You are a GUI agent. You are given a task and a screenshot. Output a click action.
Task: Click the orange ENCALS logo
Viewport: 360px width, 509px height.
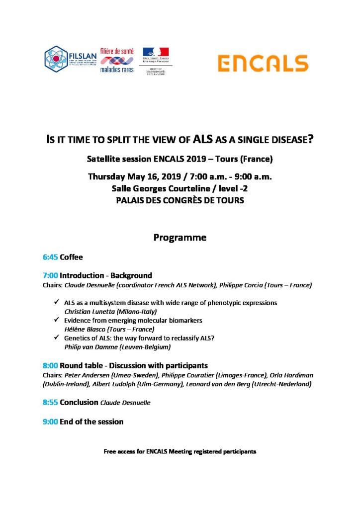263,63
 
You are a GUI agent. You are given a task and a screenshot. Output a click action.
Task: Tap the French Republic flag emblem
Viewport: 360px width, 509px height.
156,52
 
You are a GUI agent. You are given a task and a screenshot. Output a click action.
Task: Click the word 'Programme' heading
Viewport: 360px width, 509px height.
180,238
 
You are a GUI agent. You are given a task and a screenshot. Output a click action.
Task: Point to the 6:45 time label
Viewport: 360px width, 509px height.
50,257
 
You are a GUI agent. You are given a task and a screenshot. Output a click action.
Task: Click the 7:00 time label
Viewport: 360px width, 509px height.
50,275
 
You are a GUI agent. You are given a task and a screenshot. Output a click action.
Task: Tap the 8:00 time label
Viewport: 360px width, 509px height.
50,365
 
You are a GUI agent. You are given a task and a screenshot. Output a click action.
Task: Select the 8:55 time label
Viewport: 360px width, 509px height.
50,403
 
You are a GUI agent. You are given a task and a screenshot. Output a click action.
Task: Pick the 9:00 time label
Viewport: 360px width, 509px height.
50,422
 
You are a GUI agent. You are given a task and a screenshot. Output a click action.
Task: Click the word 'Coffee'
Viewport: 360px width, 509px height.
71,257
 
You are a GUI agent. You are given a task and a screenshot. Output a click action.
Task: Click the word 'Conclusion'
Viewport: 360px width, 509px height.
79,403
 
